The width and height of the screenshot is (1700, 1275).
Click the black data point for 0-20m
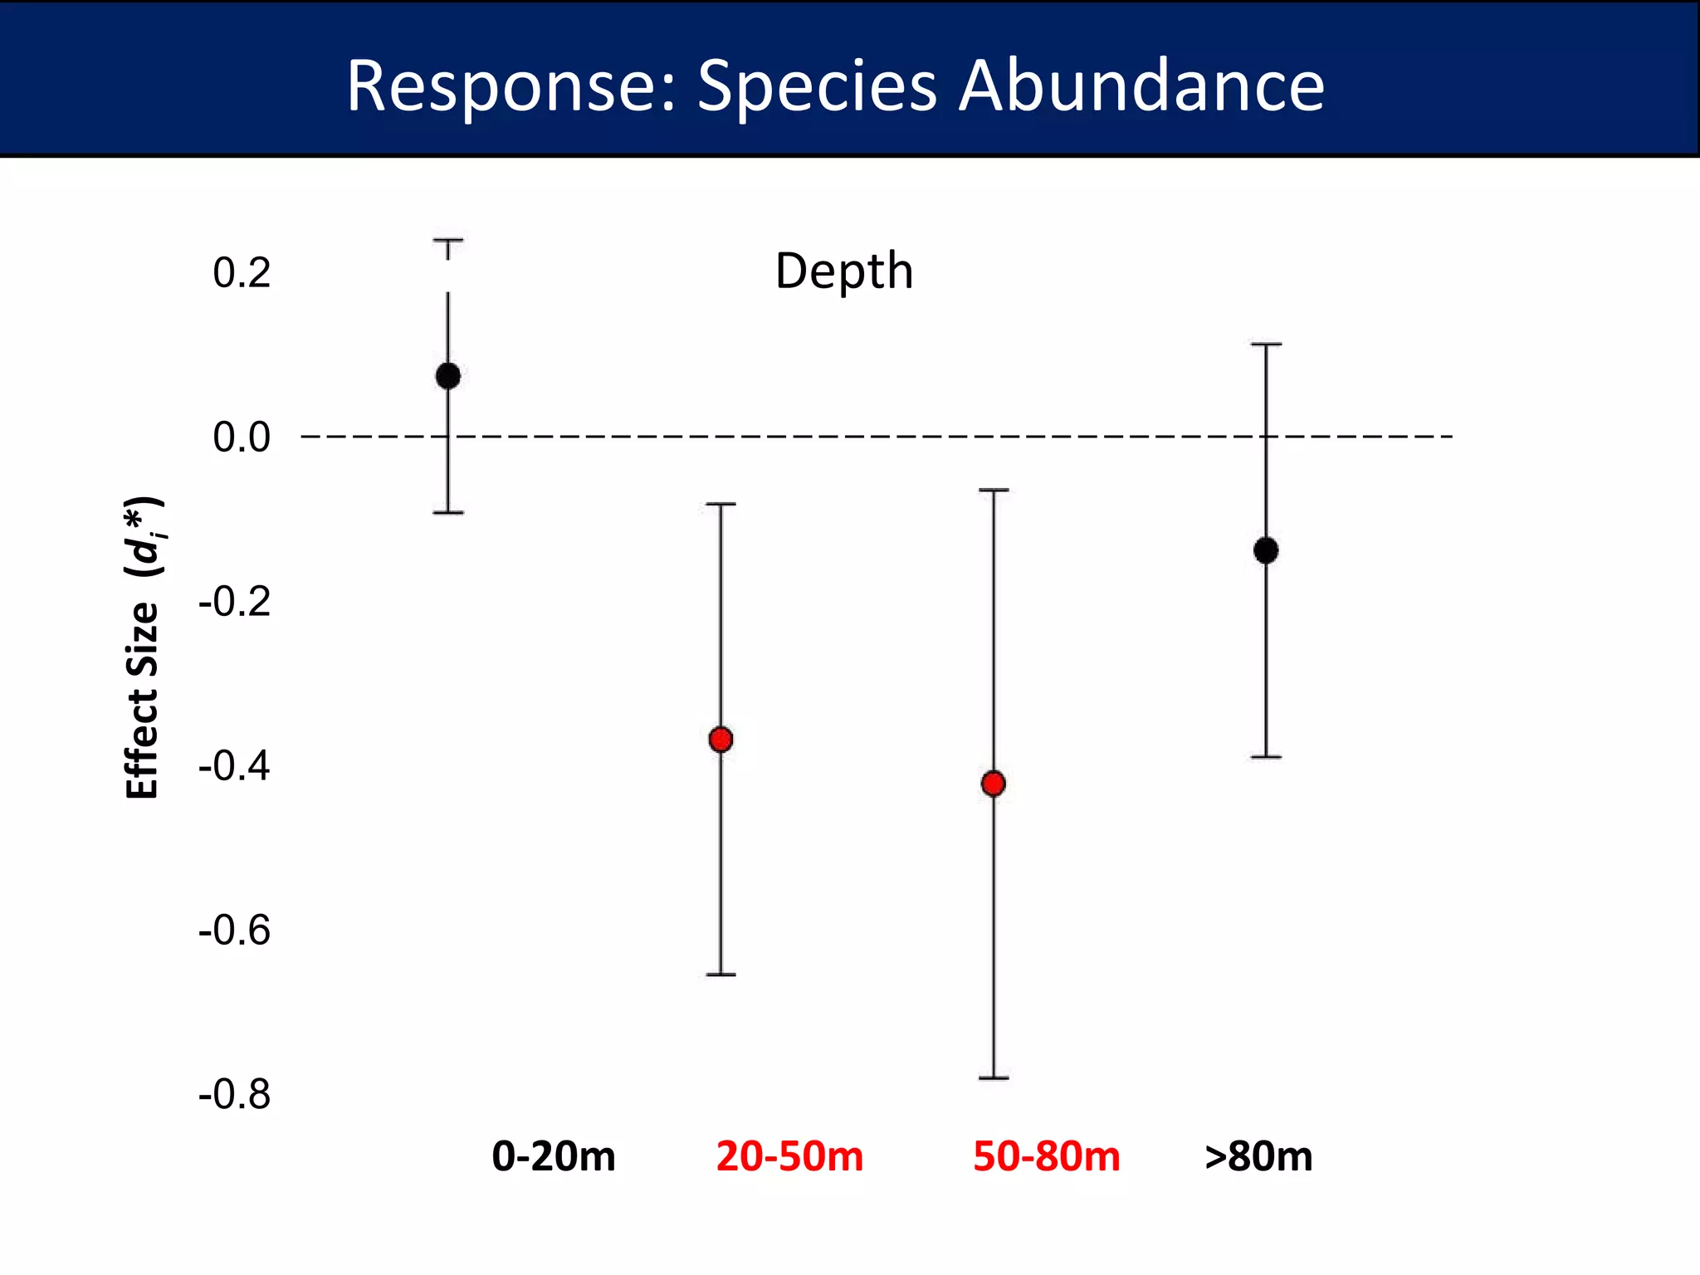448,376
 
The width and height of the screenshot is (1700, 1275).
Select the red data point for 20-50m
721,739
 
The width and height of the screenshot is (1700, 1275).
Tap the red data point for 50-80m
994,783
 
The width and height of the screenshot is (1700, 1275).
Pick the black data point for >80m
1266,550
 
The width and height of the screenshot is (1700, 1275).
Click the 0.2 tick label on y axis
242,273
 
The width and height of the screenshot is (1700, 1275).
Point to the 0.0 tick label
242,437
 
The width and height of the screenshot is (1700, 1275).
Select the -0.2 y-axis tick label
235,601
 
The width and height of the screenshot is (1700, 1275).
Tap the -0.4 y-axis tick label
235,765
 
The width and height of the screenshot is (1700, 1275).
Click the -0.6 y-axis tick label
235,931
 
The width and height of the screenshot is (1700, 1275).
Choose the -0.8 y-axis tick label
235,1095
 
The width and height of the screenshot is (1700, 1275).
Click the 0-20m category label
554,1156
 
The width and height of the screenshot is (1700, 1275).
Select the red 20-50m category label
789,1156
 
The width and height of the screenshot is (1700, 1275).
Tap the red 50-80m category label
1046,1156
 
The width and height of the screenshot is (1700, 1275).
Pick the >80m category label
1258,1156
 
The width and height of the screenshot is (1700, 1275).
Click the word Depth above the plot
843,271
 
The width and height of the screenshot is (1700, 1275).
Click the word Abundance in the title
1141,85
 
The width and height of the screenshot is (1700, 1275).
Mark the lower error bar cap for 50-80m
994,1077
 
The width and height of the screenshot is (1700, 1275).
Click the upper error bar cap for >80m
1266,344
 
